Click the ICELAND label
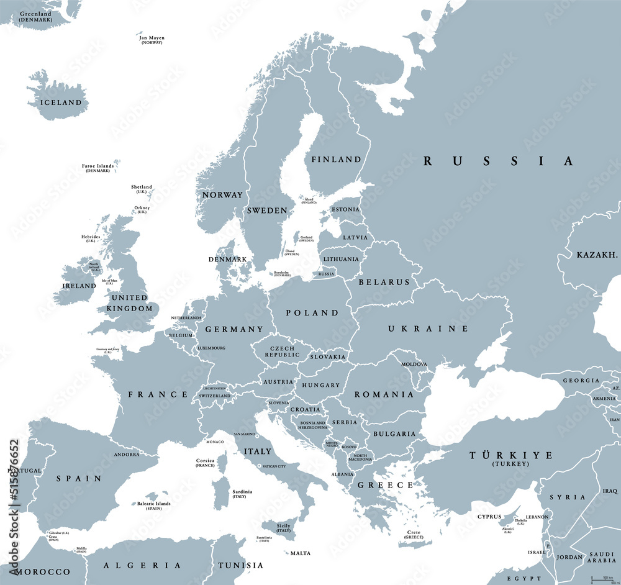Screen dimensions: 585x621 click(x=61, y=102)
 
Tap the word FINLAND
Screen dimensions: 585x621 click(x=336, y=160)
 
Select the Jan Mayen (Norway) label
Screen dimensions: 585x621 click(x=152, y=40)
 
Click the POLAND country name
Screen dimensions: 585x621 click(x=312, y=312)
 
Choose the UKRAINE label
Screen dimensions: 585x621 click(x=428, y=329)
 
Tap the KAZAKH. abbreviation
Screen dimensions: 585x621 click(x=597, y=255)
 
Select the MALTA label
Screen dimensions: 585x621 click(x=301, y=553)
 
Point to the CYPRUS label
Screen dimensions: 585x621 click(x=489, y=517)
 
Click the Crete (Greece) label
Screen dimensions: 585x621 click(x=413, y=535)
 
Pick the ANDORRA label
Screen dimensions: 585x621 click(x=126, y=455)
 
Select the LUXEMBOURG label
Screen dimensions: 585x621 click(x=211, y=348)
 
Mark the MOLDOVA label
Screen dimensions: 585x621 click(x=414, y=364)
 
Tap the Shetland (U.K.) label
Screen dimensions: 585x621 click(x=141, y=189)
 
